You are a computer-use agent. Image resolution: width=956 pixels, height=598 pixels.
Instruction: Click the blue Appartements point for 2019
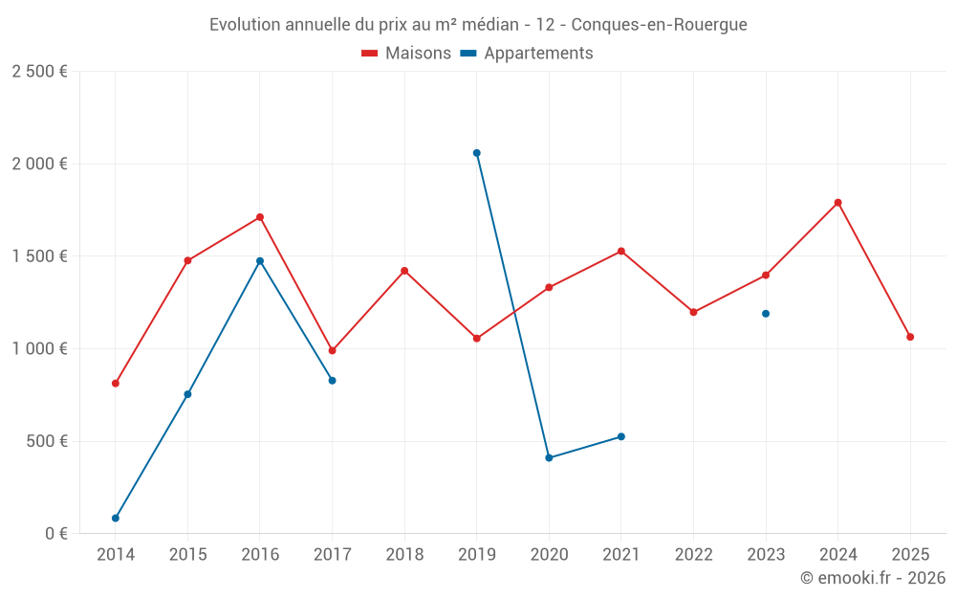476,153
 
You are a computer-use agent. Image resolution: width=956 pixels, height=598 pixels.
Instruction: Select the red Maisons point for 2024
837,203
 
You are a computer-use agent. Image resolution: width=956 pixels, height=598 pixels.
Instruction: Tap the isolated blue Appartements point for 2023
766,314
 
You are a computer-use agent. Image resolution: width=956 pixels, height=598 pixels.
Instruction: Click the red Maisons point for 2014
116,384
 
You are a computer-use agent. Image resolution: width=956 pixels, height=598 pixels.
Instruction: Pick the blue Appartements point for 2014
116,519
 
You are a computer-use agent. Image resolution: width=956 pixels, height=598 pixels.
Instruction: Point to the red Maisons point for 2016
260,217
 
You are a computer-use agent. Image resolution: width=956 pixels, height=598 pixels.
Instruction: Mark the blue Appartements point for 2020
549,458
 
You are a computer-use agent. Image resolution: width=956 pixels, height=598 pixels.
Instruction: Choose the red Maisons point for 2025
910,337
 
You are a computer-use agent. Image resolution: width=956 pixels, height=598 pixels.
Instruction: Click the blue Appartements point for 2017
332,381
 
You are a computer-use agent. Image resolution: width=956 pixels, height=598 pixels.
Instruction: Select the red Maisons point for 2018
404,271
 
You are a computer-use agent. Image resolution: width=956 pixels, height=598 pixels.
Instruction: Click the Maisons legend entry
406,54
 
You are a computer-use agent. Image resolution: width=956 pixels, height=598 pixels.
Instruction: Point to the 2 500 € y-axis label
39,72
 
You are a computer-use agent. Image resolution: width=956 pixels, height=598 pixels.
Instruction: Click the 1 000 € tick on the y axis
39,349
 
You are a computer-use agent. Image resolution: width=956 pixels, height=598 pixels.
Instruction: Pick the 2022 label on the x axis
693,555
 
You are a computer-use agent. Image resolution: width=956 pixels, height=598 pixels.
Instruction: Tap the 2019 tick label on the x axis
476,555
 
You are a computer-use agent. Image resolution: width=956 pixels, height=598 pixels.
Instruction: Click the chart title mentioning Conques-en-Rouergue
478,25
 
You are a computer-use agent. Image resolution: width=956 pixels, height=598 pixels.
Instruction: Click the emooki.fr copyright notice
872,578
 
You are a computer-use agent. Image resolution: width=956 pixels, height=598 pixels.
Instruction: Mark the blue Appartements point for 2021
621,436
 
